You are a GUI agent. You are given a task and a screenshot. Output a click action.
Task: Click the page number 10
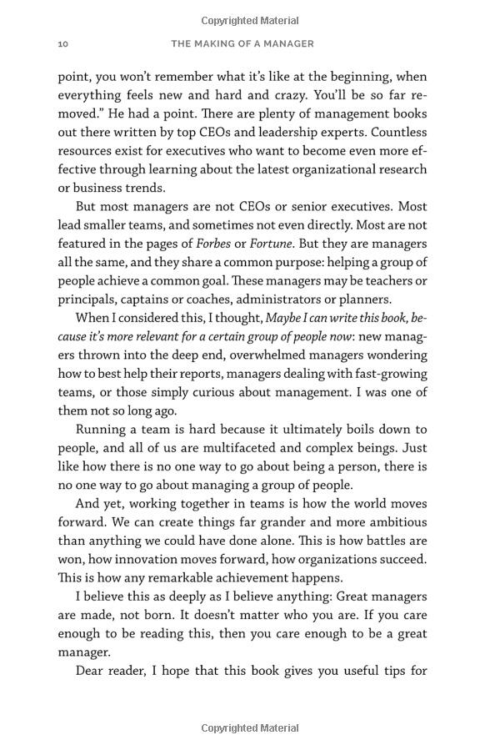click(x=62, y=43)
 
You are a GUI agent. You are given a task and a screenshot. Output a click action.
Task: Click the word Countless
click(x=398, y=132)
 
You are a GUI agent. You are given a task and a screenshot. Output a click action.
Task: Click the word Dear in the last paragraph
click(x=91, y=671)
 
